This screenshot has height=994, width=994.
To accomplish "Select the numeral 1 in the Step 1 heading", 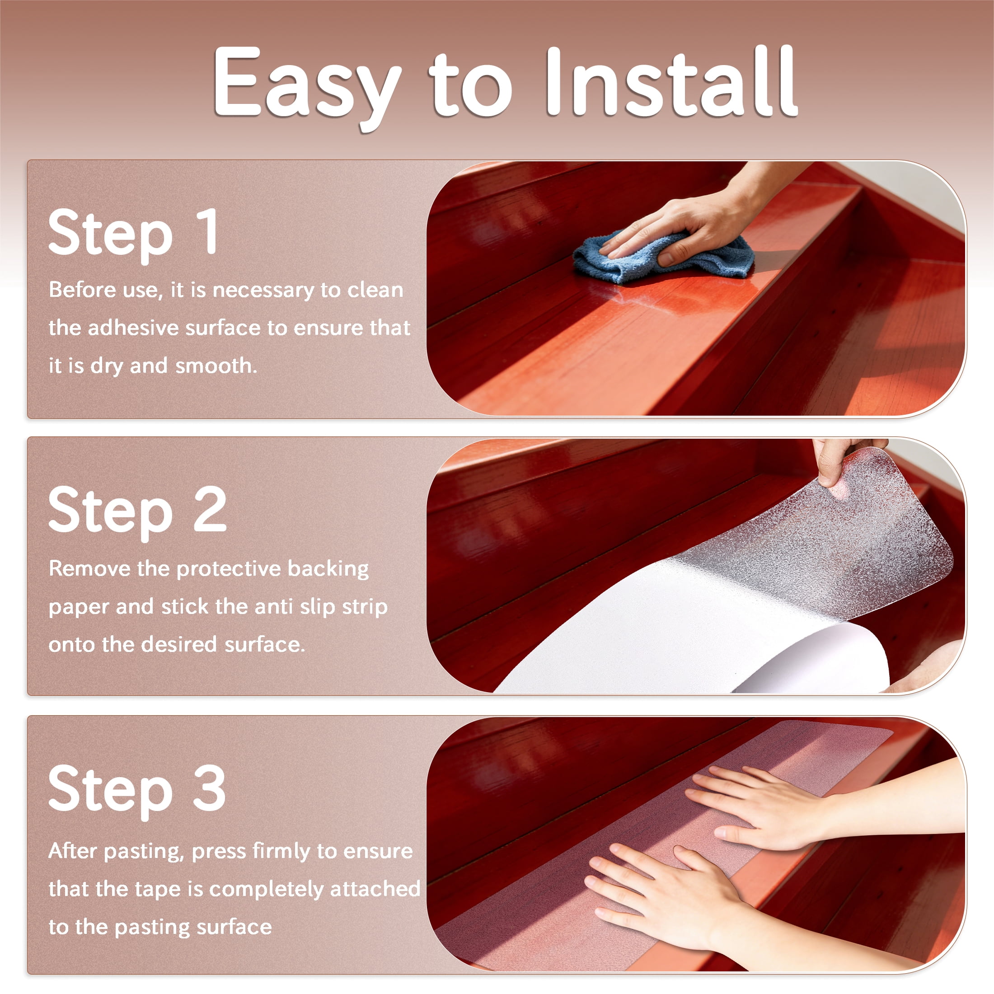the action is [208, 231].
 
